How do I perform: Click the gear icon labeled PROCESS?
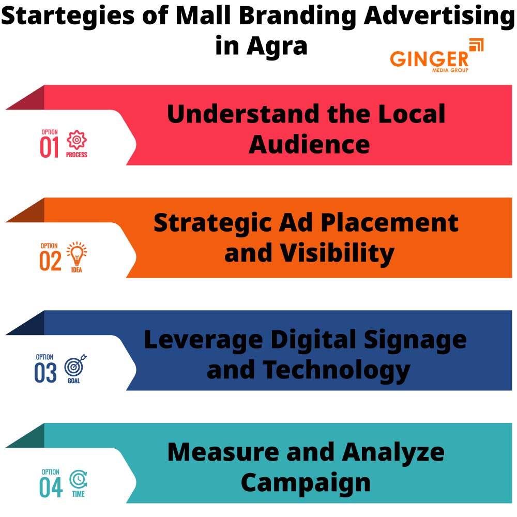click(x=77, y=140)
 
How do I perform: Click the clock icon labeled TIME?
click(x=78, y=479)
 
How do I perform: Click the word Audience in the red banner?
click(x=309, y=144)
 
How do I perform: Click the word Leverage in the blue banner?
click(x=203, y=340)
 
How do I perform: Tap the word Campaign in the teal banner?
click(x=306, y=482)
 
